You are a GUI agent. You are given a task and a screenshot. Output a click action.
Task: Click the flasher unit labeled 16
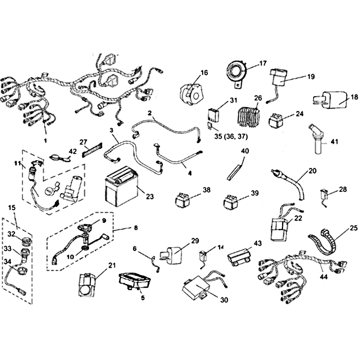coord(192,93)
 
